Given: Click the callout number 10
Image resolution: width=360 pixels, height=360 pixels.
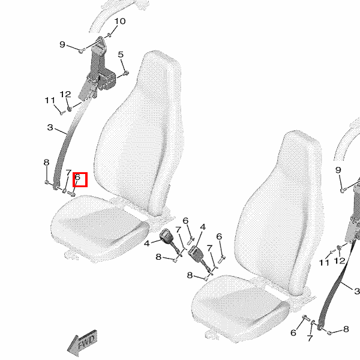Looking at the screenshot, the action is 120,22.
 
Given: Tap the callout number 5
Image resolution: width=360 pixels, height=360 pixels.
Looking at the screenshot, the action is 121,55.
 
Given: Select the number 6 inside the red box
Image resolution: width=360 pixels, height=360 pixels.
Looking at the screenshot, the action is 77,177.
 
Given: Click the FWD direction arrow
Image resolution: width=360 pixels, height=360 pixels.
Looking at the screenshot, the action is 82,344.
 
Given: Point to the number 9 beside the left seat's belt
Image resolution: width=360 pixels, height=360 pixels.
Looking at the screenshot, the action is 62,44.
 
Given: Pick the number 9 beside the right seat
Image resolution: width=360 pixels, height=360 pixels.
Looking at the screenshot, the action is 338,170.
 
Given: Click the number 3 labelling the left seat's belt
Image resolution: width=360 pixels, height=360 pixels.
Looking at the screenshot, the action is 50,127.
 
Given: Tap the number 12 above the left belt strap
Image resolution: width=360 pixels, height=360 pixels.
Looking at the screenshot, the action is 65,94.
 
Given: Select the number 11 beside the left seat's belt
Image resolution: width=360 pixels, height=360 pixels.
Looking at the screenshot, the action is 50,100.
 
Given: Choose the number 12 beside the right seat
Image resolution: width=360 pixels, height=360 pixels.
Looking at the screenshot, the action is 340,260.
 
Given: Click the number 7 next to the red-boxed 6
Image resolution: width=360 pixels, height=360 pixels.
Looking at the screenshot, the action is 68,172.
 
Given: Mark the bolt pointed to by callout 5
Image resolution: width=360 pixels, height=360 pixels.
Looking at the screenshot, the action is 126,73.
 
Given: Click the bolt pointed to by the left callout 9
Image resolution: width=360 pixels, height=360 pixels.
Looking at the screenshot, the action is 82,50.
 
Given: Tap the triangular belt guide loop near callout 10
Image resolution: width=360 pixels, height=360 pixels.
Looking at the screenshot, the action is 100,41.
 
